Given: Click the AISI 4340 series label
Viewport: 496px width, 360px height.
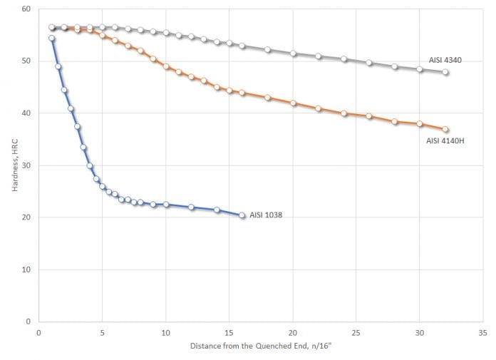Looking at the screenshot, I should point(445,61).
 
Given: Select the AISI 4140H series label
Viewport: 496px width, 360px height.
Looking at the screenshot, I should point(446,140).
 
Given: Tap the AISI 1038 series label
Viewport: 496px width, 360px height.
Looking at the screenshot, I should point(266,215).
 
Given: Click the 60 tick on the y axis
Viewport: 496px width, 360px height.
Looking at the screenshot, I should point(26,9).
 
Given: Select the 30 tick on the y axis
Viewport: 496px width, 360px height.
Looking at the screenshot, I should point(26,165).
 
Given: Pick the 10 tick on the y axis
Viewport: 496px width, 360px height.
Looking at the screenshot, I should point(26,269).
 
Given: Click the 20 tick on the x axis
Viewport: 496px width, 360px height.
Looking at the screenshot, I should point(293,332).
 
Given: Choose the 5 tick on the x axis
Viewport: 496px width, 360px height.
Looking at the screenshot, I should point(102,332).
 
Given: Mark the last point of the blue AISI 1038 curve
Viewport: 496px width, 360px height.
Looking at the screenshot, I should point(242,215).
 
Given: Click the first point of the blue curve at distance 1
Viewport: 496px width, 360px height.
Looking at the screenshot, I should point(51,38).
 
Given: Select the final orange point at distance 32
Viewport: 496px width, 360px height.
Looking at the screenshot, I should point(445,129).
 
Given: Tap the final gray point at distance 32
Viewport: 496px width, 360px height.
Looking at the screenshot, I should point(445,72).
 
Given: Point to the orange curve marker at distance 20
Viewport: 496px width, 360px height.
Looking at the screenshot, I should point(293,103).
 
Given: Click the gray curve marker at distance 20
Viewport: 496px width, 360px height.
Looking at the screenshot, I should point(293,53).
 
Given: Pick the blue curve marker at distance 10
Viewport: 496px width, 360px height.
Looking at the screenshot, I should point(166,205).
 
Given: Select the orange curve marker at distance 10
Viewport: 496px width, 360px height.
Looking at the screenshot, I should point(166,66).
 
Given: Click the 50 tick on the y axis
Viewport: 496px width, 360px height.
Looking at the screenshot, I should point(26,61).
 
